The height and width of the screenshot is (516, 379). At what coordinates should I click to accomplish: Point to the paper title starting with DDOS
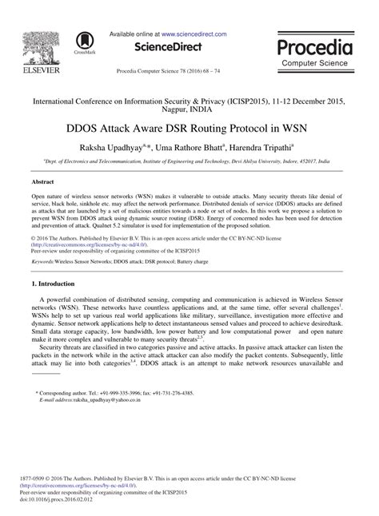point(189,126)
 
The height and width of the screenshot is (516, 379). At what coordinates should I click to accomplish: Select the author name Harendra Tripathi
point(263,147)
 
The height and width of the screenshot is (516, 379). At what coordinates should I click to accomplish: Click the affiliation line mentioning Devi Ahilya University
point(189,161)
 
